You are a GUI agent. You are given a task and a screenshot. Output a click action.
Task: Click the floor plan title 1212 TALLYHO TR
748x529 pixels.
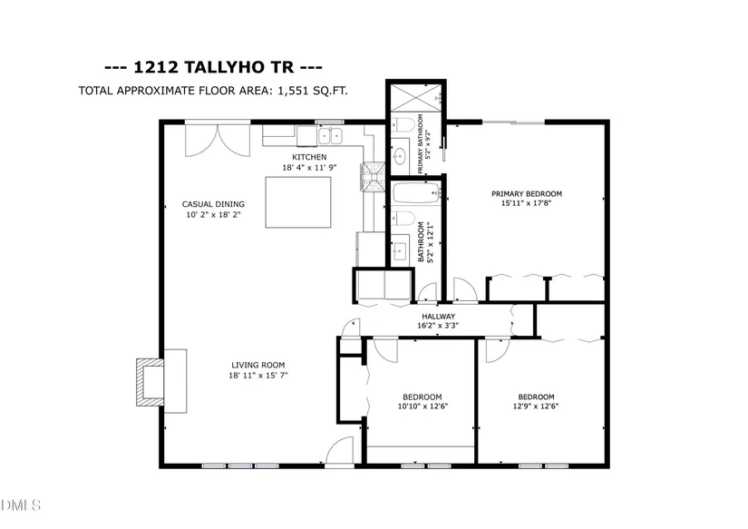click(213, 67)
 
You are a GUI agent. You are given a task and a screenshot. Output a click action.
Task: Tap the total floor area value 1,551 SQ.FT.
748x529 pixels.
click(313, 90)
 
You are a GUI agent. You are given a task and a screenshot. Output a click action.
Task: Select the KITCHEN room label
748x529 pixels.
click(309, 157)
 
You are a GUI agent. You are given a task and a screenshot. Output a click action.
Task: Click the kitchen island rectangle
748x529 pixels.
click(298, 202)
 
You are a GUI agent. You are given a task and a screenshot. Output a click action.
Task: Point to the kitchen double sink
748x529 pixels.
click(330, 136)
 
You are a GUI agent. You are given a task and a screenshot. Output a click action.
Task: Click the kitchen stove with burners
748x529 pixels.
click(373, 177)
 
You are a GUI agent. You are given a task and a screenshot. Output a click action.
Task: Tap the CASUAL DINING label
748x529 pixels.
click(213, 204)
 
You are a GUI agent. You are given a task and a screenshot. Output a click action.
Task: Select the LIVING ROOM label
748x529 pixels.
click(258, 366)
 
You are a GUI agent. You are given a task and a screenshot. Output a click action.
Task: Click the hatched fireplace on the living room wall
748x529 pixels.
click(151, 382)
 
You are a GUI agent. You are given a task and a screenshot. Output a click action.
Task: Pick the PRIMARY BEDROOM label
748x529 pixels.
click(527, 194)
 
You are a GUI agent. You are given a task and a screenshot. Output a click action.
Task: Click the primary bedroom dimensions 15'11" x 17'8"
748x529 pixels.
click(526, 203)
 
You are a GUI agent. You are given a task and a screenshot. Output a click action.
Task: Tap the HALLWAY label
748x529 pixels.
click(439, 316)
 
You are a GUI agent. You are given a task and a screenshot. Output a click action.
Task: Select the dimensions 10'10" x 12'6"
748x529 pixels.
click(423, 407)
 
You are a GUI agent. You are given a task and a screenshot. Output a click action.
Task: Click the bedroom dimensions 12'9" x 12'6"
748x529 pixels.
click(536, 407)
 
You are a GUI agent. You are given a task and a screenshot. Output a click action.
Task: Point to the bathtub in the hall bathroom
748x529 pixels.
click(416, 193)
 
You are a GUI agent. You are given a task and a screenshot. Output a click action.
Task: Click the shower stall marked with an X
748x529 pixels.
click(416, 98)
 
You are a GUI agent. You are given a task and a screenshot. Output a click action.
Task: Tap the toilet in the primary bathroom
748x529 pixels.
click(403, 125)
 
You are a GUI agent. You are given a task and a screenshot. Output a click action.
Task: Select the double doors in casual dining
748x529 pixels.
click(218, 141)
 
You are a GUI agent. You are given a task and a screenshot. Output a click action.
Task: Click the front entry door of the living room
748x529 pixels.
click(340, 451)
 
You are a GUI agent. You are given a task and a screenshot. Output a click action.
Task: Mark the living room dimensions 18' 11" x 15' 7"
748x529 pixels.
click(258, 376)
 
